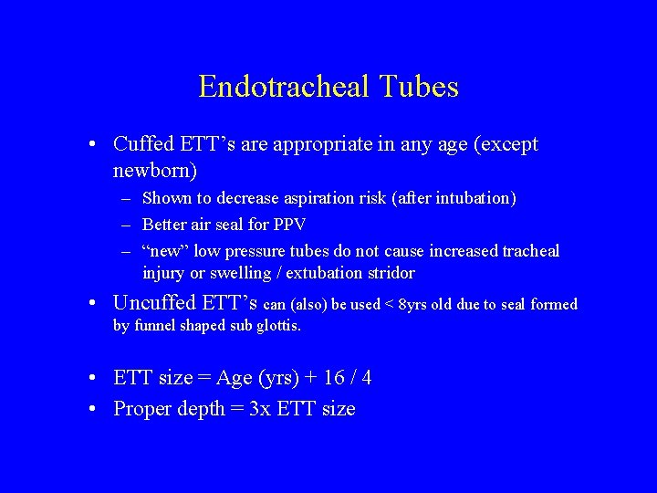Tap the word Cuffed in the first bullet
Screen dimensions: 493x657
(x=141, y=144)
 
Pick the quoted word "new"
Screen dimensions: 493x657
(x=165, y=251)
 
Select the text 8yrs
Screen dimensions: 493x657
(x=416, y=304)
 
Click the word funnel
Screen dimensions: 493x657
(x=157, y=325)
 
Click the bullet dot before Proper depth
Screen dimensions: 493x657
(x=96, y=409)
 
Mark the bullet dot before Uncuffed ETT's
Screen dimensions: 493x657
(x=96, y=303)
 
